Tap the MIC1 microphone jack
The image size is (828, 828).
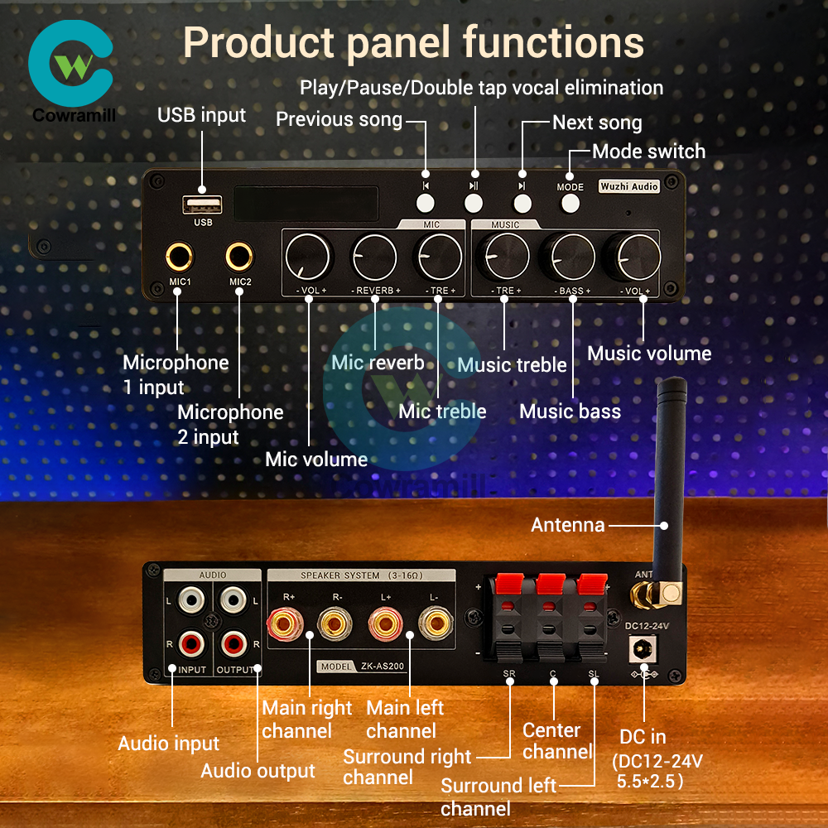179,257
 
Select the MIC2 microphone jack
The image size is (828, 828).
239,257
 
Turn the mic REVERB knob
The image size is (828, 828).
374,258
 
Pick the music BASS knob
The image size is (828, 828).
573,258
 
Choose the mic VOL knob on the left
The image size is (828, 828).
308,258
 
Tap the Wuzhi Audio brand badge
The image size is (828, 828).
629,187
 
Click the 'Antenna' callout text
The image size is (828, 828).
568,525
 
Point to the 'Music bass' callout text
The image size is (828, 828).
570,412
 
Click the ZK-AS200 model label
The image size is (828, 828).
363,667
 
